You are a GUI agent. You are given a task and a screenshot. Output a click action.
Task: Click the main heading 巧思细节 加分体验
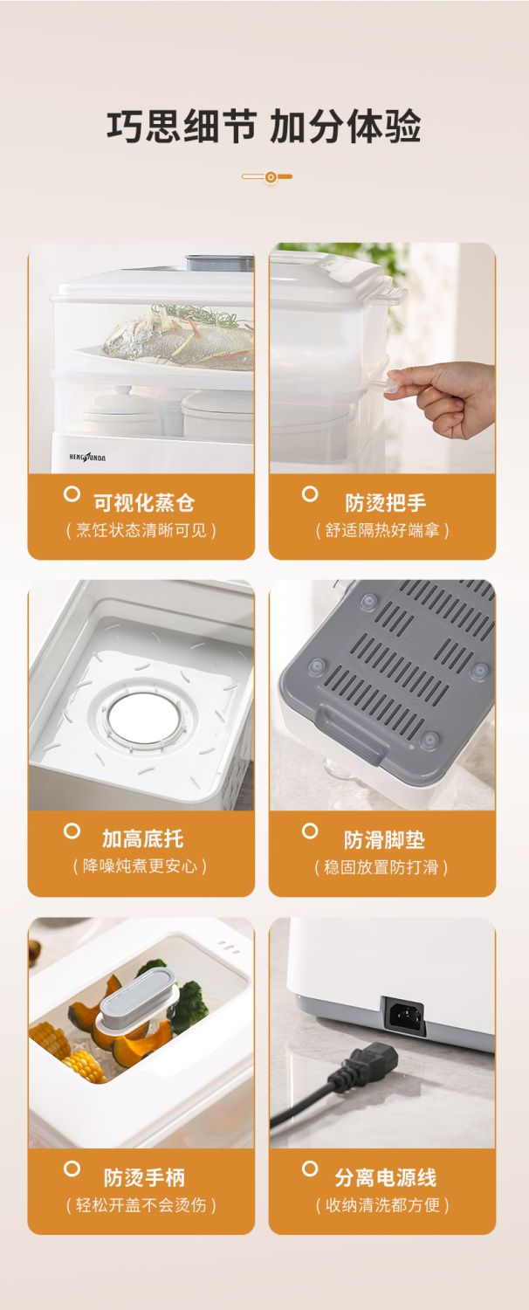264,127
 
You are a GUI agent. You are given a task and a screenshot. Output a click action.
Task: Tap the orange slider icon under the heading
267,176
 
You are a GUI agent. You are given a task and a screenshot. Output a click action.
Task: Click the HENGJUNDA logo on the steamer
87,458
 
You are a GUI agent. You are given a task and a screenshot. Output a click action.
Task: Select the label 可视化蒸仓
144,502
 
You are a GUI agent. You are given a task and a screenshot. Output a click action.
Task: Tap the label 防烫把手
386,502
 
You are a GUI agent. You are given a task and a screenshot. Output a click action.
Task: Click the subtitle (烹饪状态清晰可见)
141,530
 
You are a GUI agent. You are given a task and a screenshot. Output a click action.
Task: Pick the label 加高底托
143,838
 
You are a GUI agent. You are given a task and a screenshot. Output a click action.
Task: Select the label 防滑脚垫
384,840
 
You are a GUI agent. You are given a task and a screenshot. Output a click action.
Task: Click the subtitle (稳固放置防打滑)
381,866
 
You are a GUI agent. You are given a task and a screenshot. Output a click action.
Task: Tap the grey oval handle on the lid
137,994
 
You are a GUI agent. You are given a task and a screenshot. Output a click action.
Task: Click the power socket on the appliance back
403,1016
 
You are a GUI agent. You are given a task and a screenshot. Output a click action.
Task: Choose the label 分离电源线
386,1176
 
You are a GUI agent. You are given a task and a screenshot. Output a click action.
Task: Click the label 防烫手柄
144,1176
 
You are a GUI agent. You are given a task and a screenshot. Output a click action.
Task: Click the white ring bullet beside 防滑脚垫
310,831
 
